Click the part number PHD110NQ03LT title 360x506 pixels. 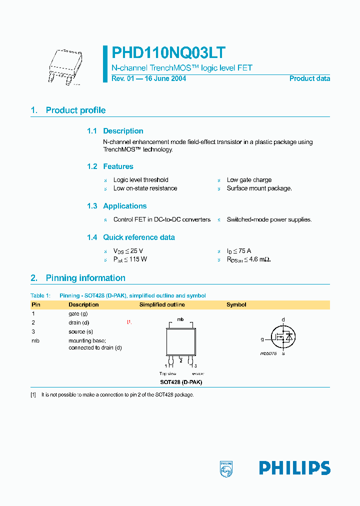click(168, 53)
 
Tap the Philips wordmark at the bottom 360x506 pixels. click(294, 468)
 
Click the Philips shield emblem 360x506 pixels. click(226, 468)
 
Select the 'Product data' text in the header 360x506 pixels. click(309, 78)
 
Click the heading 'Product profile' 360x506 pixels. click(75, 110)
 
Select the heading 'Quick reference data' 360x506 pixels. click(138, 237)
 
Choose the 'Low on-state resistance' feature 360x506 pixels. click(145, 188)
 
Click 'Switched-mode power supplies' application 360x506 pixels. click(269, 219)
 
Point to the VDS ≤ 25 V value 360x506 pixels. click(128, 251)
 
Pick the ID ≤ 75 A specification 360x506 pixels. click(239, 251)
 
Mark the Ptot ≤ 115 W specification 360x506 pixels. click(130, 259)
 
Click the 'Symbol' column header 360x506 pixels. click(236, 304)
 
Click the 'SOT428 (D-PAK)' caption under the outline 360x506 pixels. click(180, 382)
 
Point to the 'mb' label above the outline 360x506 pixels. click(180, 319)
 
